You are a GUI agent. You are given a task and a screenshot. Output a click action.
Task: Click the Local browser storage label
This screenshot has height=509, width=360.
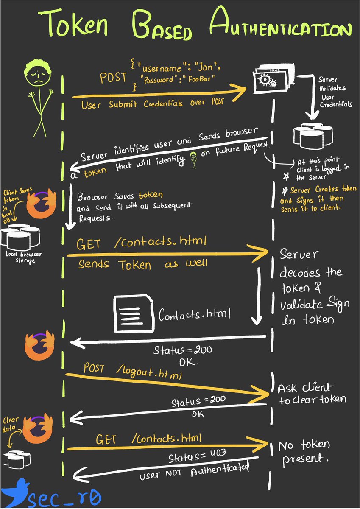(20, 257)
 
